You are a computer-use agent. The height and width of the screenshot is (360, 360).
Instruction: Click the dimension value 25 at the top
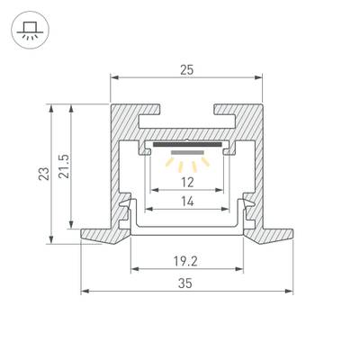pyautogui.click(x=188, y=67)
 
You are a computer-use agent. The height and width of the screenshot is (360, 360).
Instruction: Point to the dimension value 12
pyautogui.click(x=187, y=183)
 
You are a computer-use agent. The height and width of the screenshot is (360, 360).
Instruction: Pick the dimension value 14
pyautogui.click(x=187, y=202)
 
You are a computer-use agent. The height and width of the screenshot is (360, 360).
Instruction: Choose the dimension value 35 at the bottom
pyautogui.click(x=187, y=283)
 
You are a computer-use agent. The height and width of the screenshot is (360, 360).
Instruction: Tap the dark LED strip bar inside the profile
pyautogui.click(x=187, y=143)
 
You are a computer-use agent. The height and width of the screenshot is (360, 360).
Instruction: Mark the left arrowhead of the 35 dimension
pyautogui.click(x=85, y=292)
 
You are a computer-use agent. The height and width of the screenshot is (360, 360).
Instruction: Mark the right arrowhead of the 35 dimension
pyautogui.click(x=290, y=292)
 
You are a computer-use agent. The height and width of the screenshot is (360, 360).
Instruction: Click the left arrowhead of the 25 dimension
pyautogui.click(x=114, y=76)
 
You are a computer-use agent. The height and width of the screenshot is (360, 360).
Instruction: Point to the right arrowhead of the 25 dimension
pyautogui.click(x=261, y=76)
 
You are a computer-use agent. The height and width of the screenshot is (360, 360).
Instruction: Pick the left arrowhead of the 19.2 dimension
pyautogui.click(x=135, y=269)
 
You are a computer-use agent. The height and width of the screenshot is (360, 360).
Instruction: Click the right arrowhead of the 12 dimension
pyautogui.click(x=220, y=191)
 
